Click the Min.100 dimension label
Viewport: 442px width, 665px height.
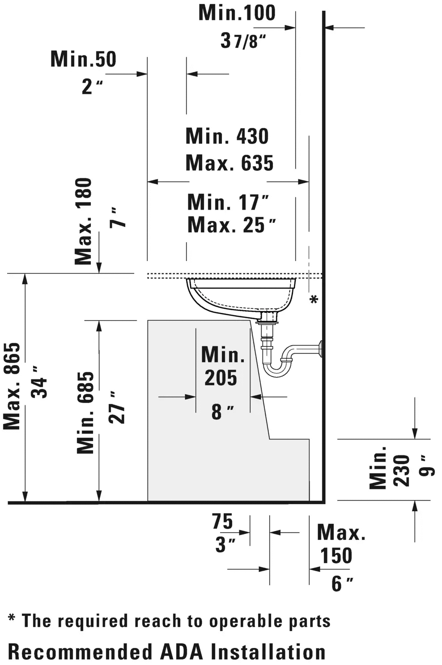click(237, 13)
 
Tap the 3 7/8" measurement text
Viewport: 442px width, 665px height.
click(243, 41)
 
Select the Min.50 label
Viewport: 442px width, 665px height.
click(84, 59)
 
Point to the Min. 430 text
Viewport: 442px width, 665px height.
click(227, 136)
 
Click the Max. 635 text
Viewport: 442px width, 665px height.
click(229, 163)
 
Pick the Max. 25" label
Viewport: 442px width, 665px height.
click(232, 225)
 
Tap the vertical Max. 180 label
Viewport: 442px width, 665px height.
click(83, 221)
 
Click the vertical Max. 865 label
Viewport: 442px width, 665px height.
click(12, 386)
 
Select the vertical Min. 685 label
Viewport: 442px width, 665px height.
click(85, 412)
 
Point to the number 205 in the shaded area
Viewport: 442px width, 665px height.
click(221, 378)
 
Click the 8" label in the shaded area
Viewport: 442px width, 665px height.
click(223, 412)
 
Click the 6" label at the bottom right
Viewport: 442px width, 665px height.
click(342, 584)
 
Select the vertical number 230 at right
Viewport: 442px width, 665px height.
click(401, 471)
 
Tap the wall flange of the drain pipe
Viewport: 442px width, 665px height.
click(320, 349)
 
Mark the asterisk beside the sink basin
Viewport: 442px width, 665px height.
click(314, 299)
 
